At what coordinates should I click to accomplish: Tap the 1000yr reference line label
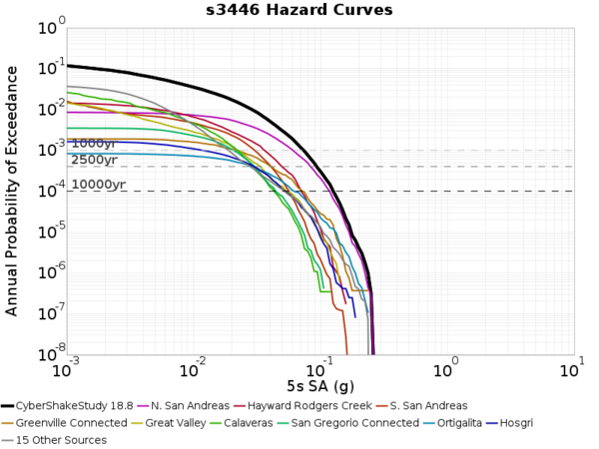tap(94, 144)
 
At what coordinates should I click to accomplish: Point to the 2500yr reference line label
tap(94, 160)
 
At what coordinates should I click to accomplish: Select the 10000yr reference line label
tap(98, 184)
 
